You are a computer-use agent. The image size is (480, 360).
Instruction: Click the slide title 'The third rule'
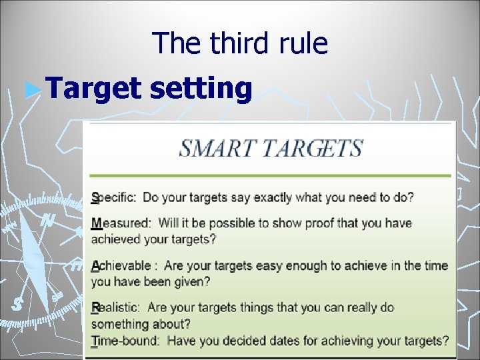[240, 43]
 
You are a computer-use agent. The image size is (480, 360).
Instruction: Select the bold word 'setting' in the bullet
[201, 89]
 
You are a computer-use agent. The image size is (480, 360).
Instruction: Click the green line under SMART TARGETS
[270, 176]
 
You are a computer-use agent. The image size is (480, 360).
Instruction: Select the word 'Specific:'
[114, 198]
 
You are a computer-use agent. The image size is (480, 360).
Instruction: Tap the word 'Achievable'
[121, 266]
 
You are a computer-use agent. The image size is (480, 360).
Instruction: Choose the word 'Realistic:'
[115, 308]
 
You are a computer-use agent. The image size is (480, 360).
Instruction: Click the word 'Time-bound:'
[125, 341]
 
